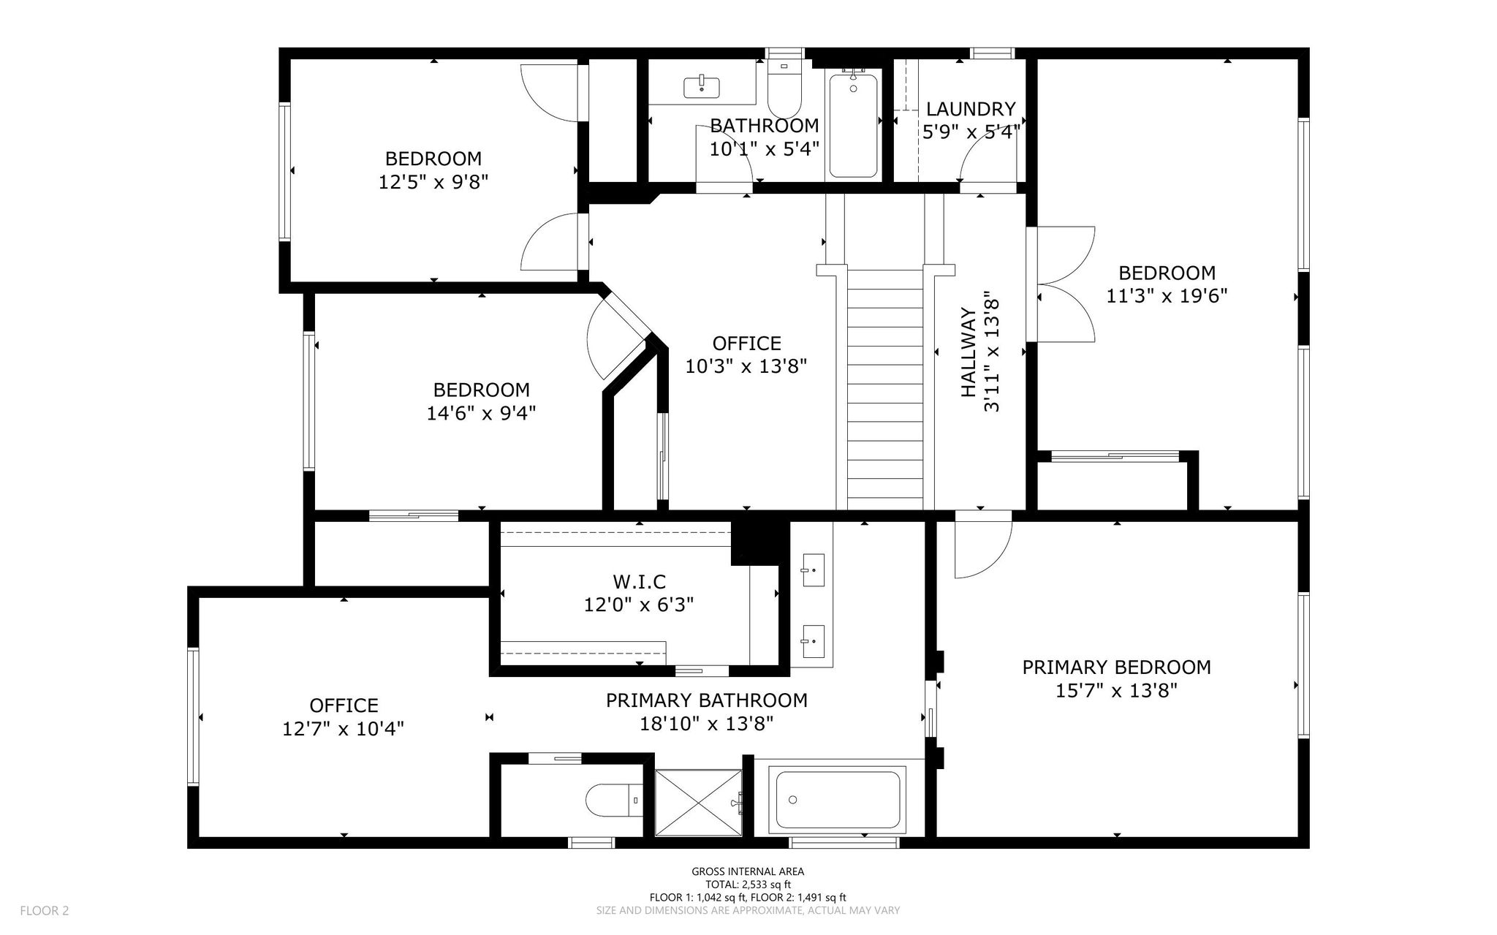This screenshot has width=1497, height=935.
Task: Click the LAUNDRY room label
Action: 971,109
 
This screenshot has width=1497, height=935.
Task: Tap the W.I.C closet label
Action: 640,582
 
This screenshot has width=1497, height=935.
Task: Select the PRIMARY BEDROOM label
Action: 1116,667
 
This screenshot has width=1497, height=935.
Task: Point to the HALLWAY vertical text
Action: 968,352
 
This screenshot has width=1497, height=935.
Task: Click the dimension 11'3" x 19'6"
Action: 1167,296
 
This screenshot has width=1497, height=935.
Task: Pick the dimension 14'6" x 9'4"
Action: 481,413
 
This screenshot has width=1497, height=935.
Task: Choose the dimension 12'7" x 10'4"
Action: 344,729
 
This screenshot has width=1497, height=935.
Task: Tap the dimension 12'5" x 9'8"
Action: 433,182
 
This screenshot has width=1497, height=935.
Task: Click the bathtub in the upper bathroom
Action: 853,125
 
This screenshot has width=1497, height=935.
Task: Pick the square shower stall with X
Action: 698,801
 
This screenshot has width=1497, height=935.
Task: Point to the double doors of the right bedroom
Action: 1066,284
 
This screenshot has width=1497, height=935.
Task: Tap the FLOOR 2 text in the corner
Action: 45,911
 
